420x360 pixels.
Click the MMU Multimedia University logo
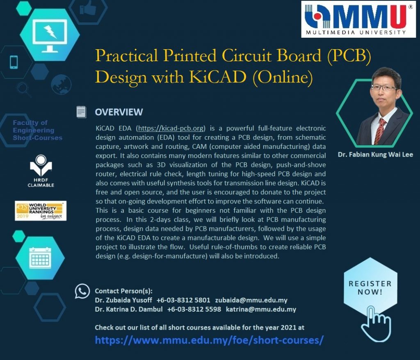pos(358,19)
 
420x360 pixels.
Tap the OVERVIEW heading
pos(119,112)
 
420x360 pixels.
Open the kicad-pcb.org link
pos(171,128)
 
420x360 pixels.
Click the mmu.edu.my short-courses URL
pos(209,340)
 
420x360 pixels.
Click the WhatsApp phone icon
pos(82,291)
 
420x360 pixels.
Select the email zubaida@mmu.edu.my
pos(251,300)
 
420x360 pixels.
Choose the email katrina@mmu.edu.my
pos(261,310)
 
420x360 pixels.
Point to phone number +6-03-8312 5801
pos(183,300)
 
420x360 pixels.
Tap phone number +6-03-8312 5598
pos(194,309)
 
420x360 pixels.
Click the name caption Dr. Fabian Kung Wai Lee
pos(375,155)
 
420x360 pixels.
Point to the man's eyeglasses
pos(384,88)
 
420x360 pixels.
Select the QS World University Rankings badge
pos(41,211)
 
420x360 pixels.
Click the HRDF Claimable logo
pos(41,171)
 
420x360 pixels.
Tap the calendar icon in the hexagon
pos(40,258)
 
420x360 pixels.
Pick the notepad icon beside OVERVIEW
pos(81,112)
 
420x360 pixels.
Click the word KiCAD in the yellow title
pos(217,77)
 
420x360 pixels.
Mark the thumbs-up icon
pos(88,8)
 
